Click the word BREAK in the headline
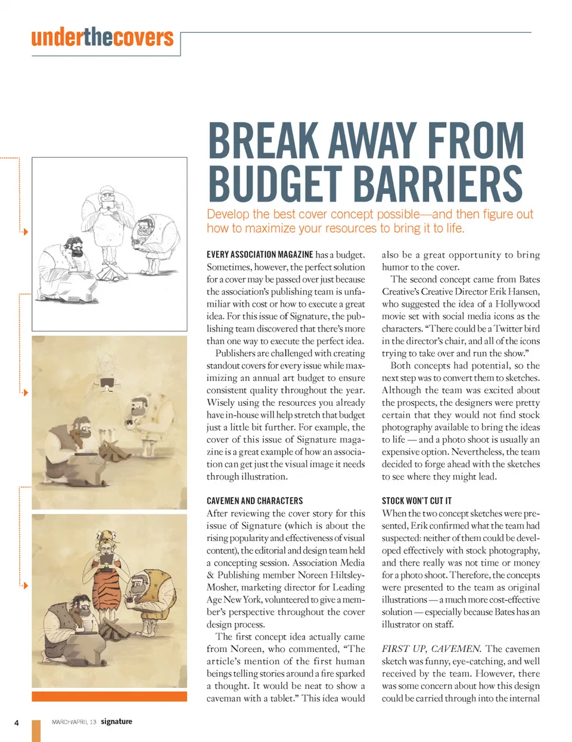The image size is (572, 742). [x=263, y=141]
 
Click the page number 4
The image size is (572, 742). [x=17, y=723]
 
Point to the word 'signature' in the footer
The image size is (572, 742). [x=116, y=721]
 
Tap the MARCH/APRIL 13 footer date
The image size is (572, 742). [x=74, y=722]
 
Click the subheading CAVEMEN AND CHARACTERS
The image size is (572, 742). [x=254, y=501]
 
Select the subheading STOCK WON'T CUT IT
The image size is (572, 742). [x=416, y=501]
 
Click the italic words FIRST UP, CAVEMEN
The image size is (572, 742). [x=431, y=648]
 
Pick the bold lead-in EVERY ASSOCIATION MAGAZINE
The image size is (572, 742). [x=260, y=254]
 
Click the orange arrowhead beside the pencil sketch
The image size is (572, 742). [x=25, y=231]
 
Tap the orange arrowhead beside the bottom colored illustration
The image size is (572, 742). [x=25, y=586]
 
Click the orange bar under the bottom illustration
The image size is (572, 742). [x=109, y=696]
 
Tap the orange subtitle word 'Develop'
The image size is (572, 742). [x=228, y=215]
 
